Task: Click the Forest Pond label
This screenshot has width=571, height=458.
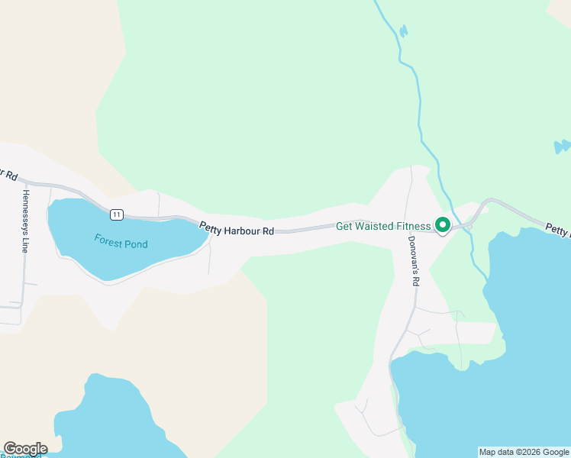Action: pos(121,241)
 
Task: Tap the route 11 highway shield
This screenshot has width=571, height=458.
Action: pos(115,214)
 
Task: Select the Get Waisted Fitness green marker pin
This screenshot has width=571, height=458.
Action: pos(442,225)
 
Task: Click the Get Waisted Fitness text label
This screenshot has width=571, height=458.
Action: pos(384,226)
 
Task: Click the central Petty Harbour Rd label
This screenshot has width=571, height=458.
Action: pos(237,227)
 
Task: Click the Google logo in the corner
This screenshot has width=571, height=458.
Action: pos(24,449)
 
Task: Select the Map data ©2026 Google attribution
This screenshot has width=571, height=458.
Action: pos(524,452)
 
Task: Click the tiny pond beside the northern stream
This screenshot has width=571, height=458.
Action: pos(402,31)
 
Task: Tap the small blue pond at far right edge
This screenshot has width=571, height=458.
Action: pos(562,146)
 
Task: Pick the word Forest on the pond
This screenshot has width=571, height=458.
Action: pos(108,239)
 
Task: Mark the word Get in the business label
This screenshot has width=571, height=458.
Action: pos(344,226)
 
